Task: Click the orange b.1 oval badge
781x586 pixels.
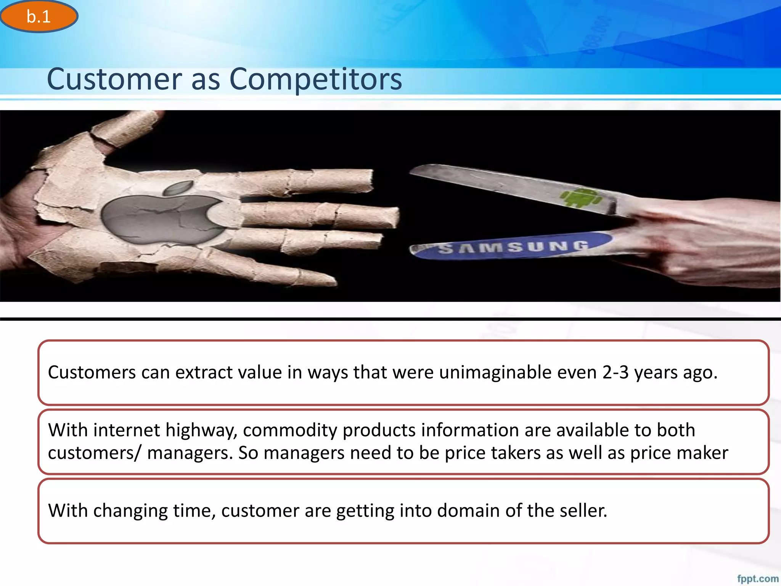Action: [39, 16]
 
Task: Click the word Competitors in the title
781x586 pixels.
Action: [315, 79]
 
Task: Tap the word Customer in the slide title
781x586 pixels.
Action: [114, 79]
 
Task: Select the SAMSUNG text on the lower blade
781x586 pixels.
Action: [513, 247]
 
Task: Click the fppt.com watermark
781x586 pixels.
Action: [757, 578]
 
